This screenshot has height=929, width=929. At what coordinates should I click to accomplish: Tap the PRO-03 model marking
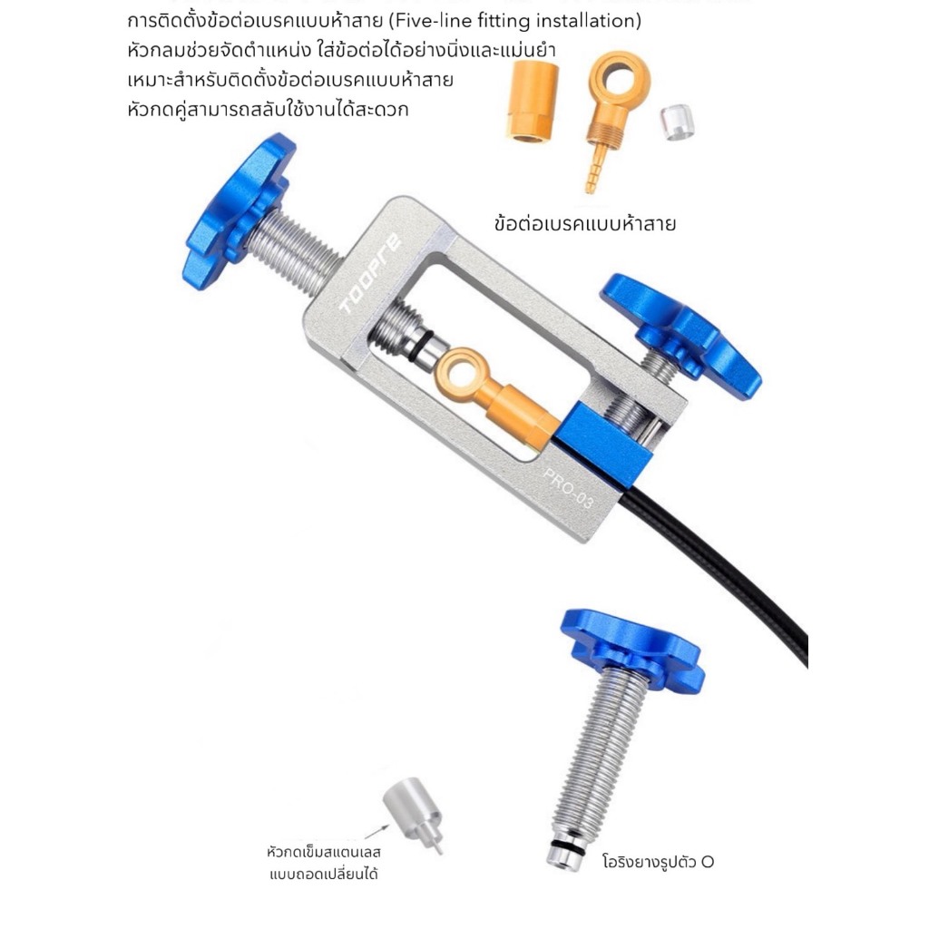point(567,488)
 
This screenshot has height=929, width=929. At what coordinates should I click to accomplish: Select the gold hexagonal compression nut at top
point(532,102)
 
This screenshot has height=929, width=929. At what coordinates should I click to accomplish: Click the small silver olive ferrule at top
point(677,122)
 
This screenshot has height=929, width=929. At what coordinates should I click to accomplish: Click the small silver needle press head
point(413,814)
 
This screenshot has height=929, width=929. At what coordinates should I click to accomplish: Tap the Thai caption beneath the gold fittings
point(585,224)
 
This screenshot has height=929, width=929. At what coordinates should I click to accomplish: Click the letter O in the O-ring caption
point(708,862)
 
